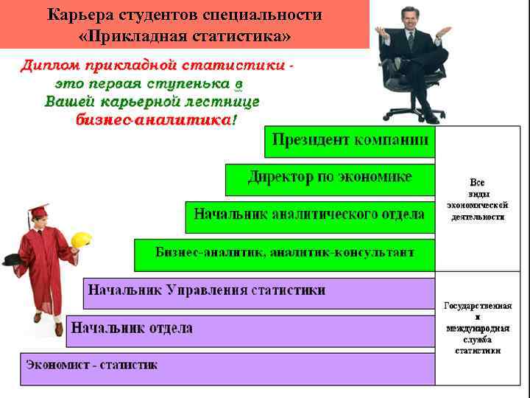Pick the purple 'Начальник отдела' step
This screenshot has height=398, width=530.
click(250, 329)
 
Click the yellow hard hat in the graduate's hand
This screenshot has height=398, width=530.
click(81, 240)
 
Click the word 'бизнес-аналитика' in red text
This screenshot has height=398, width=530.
click(153, 120)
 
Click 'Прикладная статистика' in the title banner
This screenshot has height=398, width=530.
click(184, 36)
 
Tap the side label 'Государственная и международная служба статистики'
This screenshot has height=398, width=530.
click(478, 328)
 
